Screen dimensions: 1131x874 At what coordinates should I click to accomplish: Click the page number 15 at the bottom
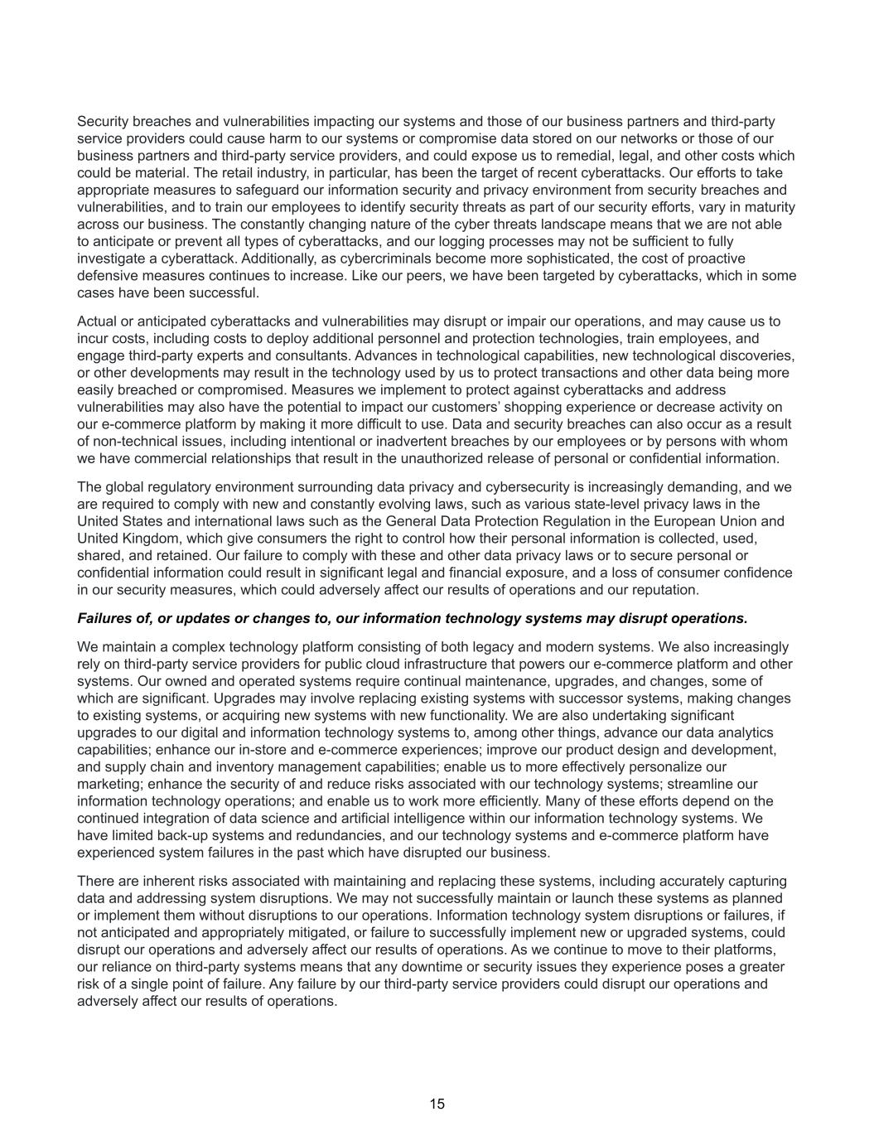pyautogui.click(x=437, y=1104)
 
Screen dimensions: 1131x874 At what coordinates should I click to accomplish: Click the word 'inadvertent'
pyautogui.click(x=389, y=442)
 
